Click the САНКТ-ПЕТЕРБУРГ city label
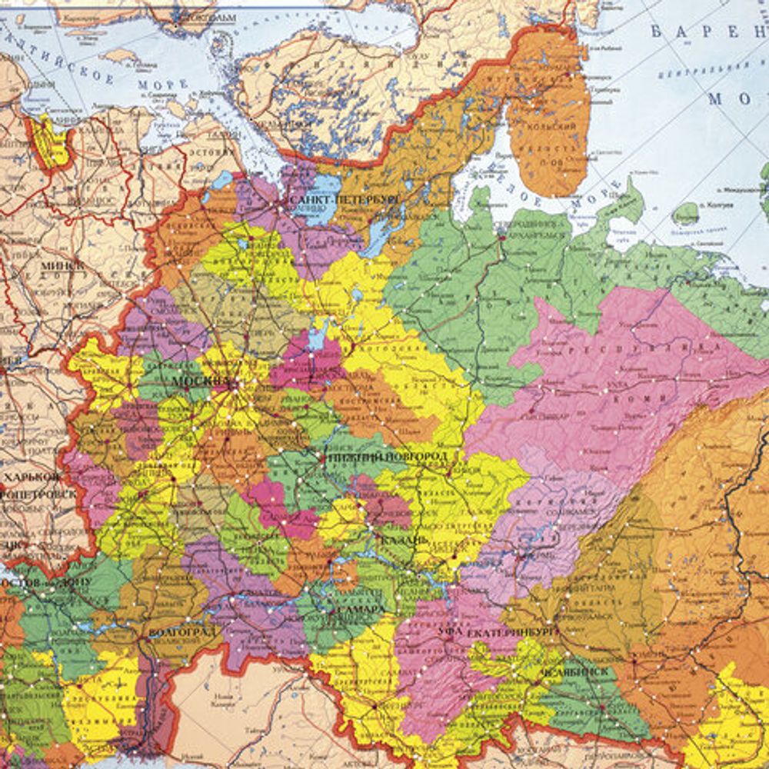(x=345, y=199)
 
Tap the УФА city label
(x=449, y=631)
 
